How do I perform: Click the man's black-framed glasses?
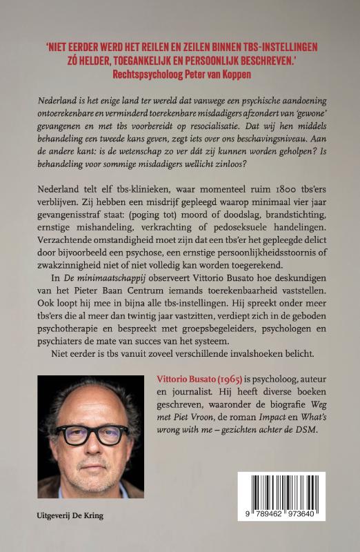coord(92,435)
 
